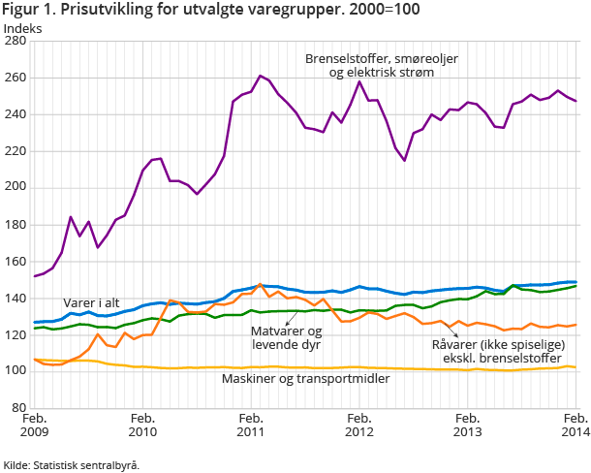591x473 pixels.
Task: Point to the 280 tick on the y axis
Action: coord(17,42)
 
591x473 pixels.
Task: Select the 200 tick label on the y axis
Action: coord(17,188)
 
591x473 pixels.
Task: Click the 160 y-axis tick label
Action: coord(17,261)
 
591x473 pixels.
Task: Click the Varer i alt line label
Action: coord(92,302)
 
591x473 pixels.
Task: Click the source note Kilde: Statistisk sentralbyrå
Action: coord(72,464)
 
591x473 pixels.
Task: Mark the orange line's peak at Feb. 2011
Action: coord(260,285)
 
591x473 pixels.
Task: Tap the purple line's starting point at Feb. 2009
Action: coord(35,276)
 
